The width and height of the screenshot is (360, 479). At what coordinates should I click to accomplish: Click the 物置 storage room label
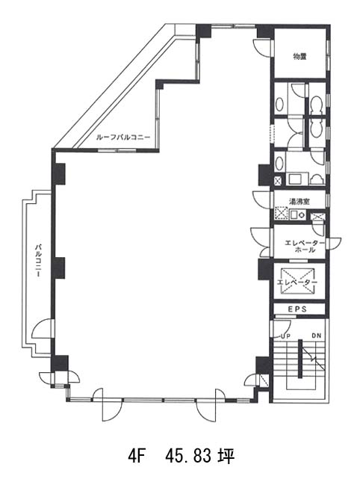pyautogui.click(x=300, y=57)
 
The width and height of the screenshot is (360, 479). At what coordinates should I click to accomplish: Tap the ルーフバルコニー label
pyautogui.click(x=123, y=137)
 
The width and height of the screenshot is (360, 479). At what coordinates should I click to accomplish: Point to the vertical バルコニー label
pyautogui.click(x=38, y=260)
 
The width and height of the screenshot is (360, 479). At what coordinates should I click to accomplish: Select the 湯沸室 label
pyautogui.click(x=300, y=202)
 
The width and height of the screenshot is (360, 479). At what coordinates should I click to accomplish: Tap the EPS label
pyautogui.click(x=297, y=309)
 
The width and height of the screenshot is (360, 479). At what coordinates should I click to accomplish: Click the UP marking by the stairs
pyautogui.click(x=285, y=336)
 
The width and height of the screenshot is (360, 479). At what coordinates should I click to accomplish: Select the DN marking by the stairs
pyautogui.click(x=317, y=336)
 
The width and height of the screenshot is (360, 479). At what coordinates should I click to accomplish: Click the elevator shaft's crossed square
pyautogui.click(x=297, y=281)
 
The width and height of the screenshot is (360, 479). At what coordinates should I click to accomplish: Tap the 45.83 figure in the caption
pyautogui.click(x=188, y=457)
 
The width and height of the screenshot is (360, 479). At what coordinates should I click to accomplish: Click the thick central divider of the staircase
pyautogui.click(x=300, y=359)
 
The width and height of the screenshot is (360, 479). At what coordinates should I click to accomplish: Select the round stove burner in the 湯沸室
pyautogui.click(x=302, y=214)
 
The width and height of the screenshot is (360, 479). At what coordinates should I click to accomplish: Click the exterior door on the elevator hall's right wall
pyautogui.click(x=333, y=242)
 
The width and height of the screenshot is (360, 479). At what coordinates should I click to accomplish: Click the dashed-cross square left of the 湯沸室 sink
pyautogui.click(x=282, y=213)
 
